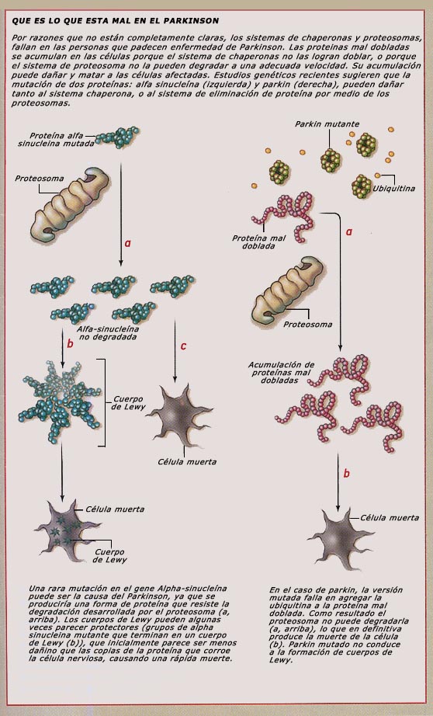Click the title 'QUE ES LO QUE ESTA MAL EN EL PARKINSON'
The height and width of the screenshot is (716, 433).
tap(115, 21)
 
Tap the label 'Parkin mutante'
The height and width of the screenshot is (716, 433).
tap(327, 123)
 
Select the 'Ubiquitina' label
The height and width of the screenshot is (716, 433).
tap(393, 188)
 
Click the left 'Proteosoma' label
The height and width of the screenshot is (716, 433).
tap(40, 179)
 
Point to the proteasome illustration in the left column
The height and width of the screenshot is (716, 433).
tap(69, 204)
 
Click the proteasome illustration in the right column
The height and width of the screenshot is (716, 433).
tap(287, 291)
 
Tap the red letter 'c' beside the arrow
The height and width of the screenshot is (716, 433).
tap(183, 346)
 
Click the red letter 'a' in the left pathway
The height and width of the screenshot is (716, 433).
tap(128, 243)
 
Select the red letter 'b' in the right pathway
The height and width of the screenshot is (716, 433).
tap(346, 474)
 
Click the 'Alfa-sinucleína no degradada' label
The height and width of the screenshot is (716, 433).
tap(108, 333)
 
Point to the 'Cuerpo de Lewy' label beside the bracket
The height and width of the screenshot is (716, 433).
tap(128, 403)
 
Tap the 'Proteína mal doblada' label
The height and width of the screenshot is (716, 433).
tap(258, 242)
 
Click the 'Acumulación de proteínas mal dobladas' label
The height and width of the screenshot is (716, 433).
tap(281, 373)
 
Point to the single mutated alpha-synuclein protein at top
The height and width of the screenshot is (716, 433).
tap(117, 137)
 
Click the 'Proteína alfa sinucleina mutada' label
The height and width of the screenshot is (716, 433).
tap(56, 140)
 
